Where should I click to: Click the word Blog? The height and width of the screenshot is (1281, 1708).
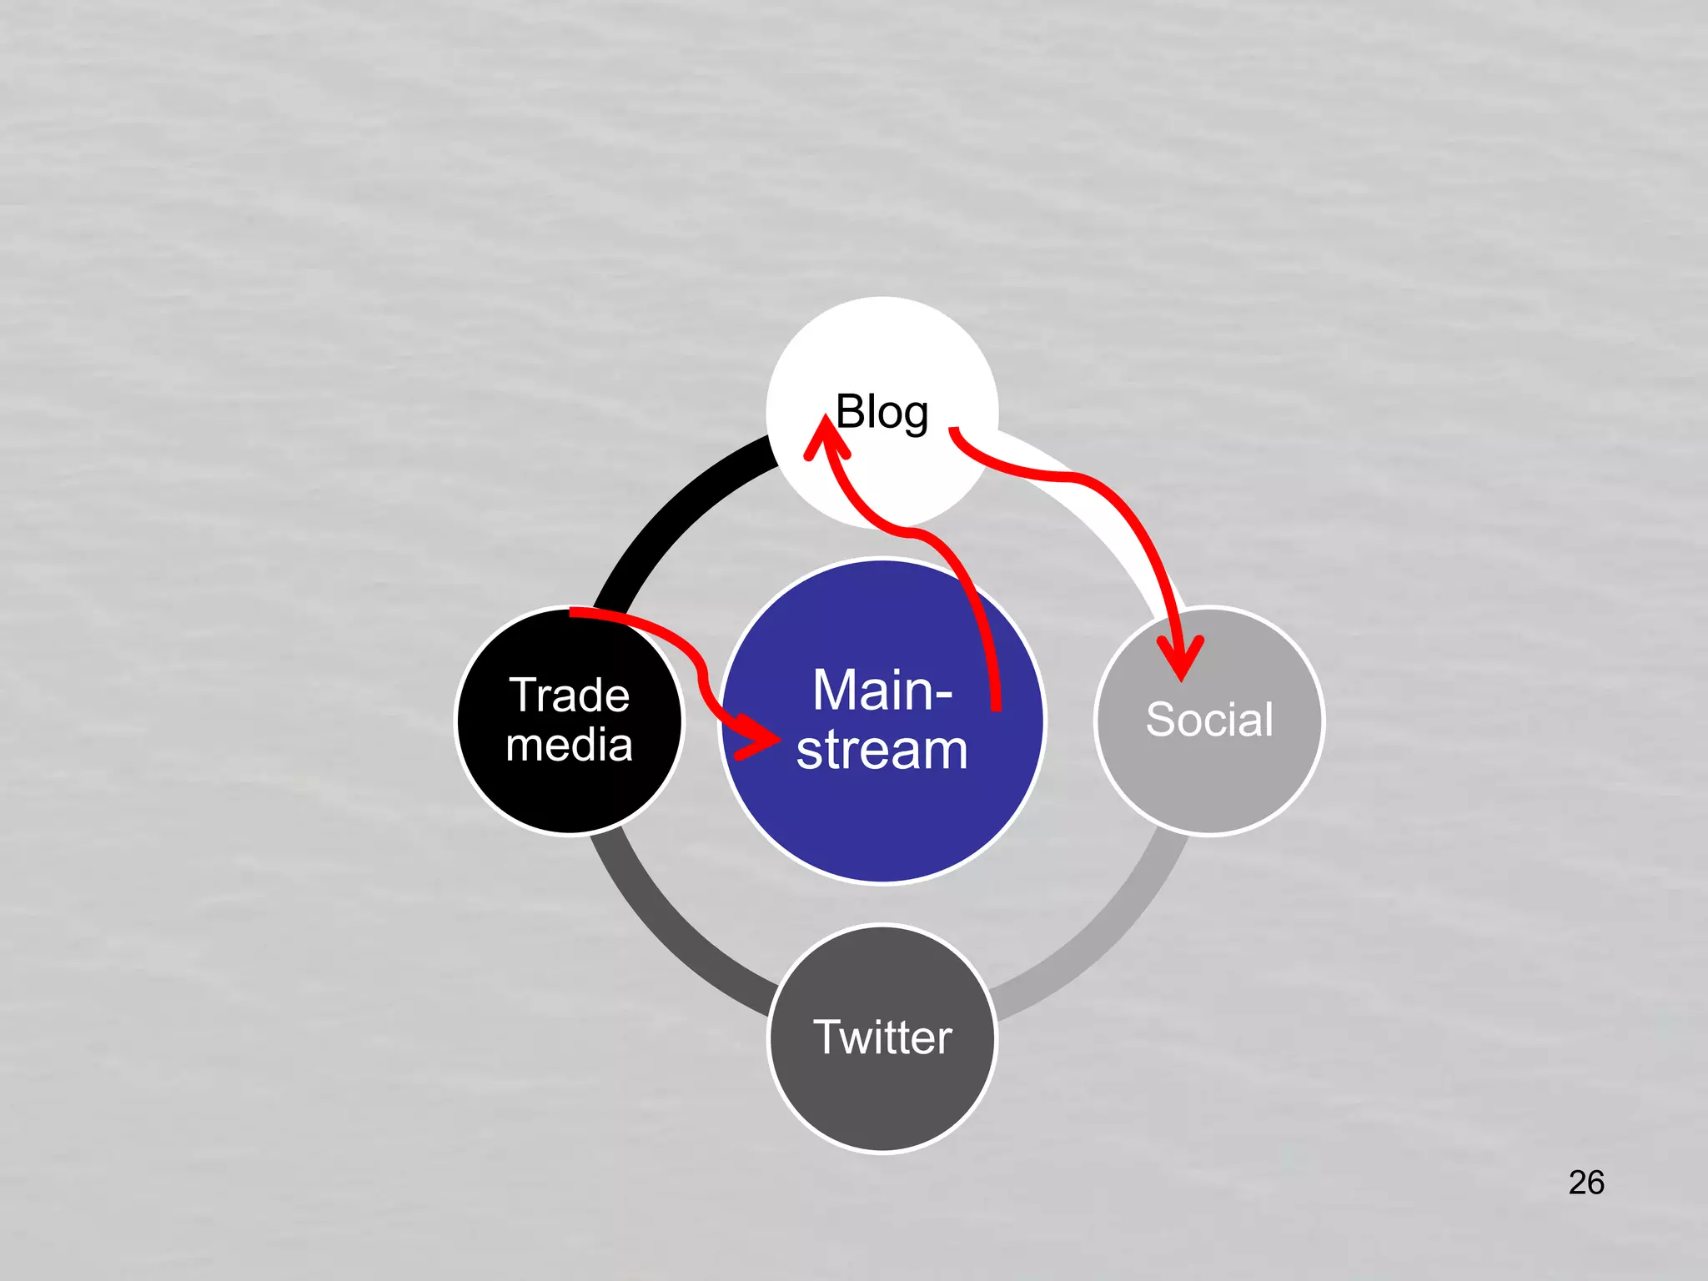coord(882,412)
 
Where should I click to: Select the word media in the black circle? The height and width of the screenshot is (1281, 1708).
coord(570,745)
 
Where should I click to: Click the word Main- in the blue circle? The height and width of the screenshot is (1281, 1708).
coord(882,691)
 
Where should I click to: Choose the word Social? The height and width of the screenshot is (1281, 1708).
coord(1209,719)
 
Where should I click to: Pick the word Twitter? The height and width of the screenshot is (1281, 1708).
coord(882,1037)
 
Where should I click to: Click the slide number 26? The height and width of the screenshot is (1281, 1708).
coord(1585,1183)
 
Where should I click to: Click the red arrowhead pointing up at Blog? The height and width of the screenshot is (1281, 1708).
coord(825,438)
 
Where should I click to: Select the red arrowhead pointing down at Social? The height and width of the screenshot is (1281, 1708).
coord(1181,659)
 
